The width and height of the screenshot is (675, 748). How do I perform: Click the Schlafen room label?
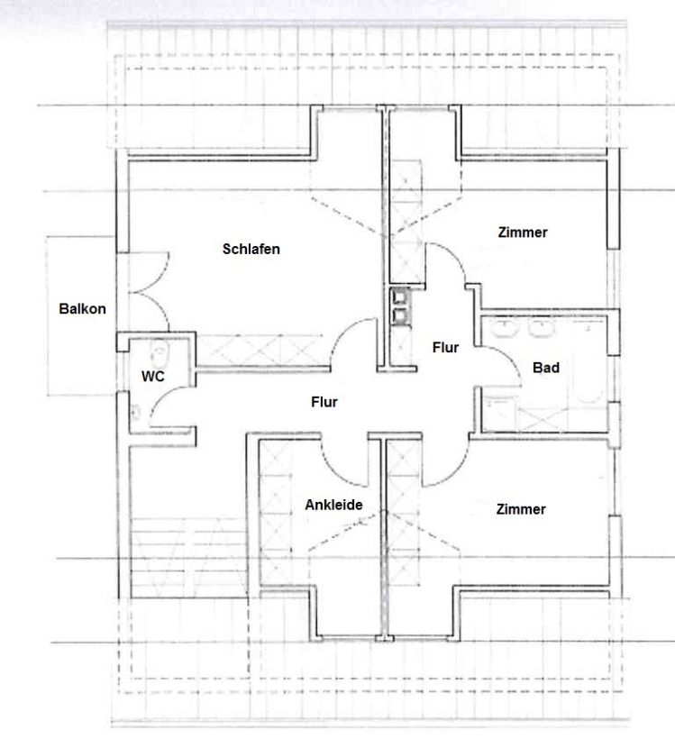point(251,249)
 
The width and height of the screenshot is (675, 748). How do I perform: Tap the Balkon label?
point(82,308)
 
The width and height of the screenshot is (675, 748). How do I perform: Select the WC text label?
point(152,377)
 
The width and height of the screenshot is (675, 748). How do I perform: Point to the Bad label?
point(546,368)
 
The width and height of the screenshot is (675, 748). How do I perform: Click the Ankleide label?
point(333,505)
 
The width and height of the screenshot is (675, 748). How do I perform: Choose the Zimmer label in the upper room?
point(523,233)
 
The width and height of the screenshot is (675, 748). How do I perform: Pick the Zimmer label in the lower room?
point(520,509)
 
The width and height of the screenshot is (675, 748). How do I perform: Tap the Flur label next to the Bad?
point(445,347)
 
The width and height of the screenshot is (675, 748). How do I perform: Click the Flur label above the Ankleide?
point(324,402)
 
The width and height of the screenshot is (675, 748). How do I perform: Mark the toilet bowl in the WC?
point(159,351)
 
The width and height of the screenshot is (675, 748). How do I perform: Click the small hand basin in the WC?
point(136,411)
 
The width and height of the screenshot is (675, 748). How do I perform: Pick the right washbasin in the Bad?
point(543,328)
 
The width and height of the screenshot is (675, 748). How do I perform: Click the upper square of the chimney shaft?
point(399,296)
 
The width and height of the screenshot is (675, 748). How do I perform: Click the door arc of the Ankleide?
point(334,472)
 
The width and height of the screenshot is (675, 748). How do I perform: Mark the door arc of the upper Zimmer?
point(453,255)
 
